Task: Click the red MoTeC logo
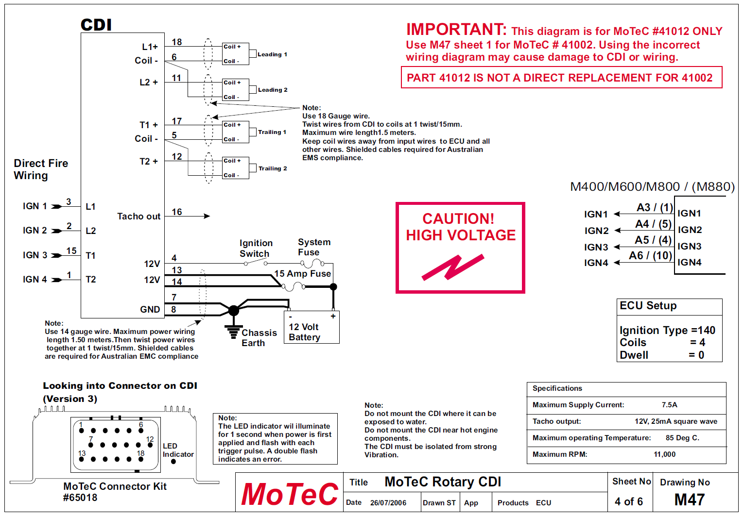[x=290, y=494]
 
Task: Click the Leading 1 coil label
[x=272, y=54]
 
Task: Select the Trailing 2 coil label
[x=273, y=168]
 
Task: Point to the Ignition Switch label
[x=256, y=248]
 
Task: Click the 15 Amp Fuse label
[x=302, y=274]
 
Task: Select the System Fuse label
[x=314, y=247]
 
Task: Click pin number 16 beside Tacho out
[x=177, y=212]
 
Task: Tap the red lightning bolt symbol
[x=453, y=267]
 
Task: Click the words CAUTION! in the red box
[x=458, y=218]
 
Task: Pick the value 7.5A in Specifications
[x=669, y=405]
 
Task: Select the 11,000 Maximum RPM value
[x=664, y=454]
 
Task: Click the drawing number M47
[x=689, y=499]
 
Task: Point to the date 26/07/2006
[x=388, y=503]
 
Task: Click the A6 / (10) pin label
[x=650, y=255]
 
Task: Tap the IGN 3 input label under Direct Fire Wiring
[x=35, y=255]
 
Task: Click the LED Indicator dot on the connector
[x=173, y=462]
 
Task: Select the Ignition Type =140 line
[x=667, y=330]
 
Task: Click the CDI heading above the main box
[x=96, y=25]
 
